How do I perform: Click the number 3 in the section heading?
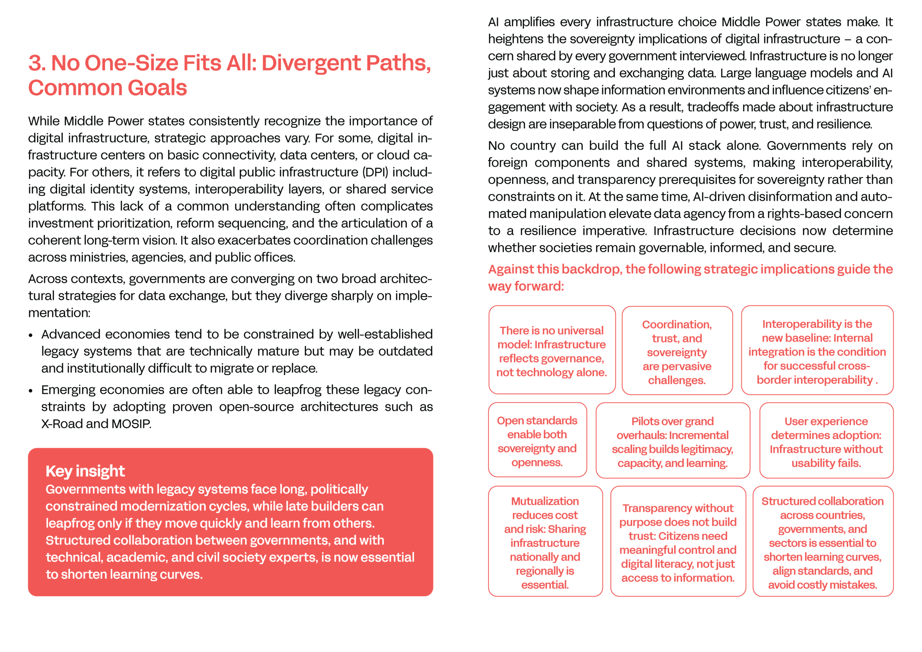36,63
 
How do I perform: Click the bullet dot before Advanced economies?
31,335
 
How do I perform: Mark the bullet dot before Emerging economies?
31,390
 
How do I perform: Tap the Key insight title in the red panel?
85,471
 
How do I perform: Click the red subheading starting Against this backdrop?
690,277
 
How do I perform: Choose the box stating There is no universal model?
552,350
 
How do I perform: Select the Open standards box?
537,440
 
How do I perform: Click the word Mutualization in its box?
545,501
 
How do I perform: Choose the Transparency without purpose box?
677,541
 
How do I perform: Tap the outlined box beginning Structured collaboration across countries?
822,541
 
